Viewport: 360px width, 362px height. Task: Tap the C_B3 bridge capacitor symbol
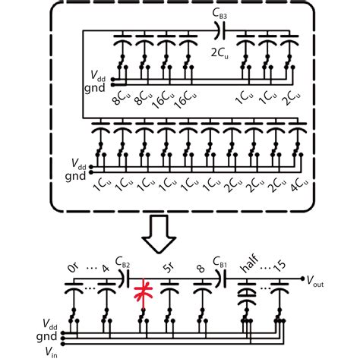(x=220, y=30)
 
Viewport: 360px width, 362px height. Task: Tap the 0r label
(x=74, y=267)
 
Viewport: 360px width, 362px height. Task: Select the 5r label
(x=169, y=267)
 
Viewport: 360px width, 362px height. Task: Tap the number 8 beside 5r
(x=200, y=267)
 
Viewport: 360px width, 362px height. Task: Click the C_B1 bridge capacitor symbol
(x=220, y=281)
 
